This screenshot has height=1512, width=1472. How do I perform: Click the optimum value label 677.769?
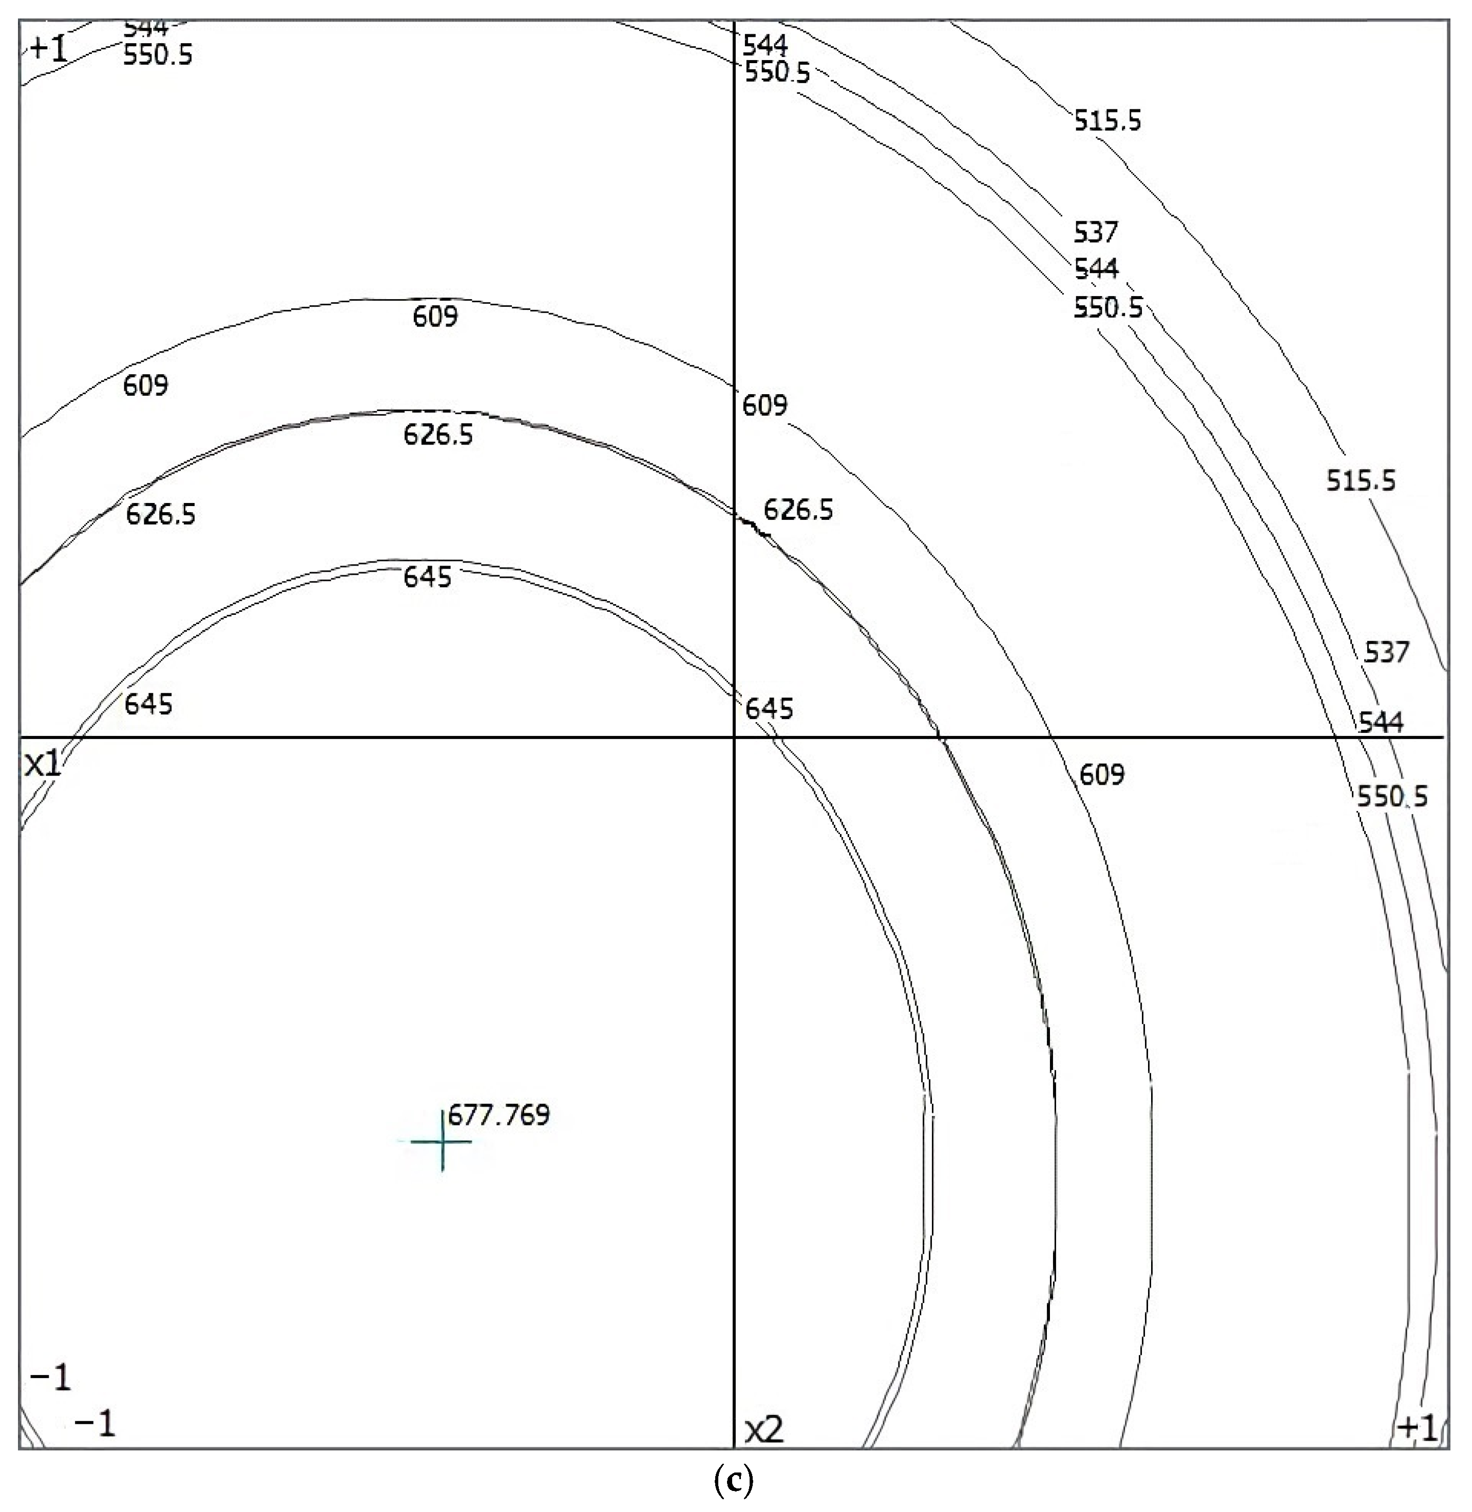coord(499,1115)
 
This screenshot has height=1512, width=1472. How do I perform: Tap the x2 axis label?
coord(764,1431)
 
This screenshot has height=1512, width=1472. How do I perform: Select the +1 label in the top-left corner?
coord(49,49)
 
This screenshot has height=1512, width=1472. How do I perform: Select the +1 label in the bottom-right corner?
coord(1417,1428)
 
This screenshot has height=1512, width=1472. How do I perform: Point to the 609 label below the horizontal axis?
coord(1102,774)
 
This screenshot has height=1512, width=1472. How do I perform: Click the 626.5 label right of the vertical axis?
coord(798,510)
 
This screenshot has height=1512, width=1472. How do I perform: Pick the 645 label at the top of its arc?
coord(428,577)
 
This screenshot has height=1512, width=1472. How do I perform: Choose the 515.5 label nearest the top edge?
coord(1107,121)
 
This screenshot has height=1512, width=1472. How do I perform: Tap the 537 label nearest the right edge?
coord(1386,652)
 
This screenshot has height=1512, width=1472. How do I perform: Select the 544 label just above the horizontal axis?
coord(1381,723)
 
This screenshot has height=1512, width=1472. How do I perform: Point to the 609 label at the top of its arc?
coord(435,316)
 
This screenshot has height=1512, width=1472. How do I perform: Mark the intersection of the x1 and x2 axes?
coord(734,738)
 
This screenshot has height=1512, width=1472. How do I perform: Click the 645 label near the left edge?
coord(148,704)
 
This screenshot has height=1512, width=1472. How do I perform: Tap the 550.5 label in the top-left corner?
coord(158,55)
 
